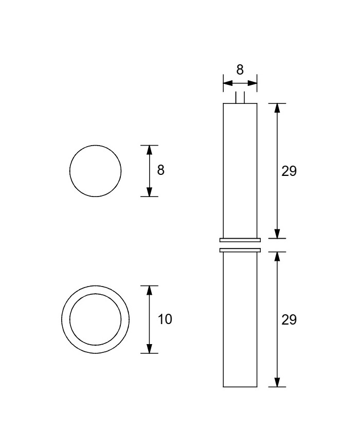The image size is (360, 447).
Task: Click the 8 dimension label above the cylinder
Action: (240, 70)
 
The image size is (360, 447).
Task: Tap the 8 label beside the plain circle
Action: (161, 170)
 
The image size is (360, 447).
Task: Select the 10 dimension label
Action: (165, 319)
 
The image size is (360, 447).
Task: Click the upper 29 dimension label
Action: (289, 171)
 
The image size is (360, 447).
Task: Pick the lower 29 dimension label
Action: (289, 320)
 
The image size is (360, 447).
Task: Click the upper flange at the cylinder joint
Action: (240, 240)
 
